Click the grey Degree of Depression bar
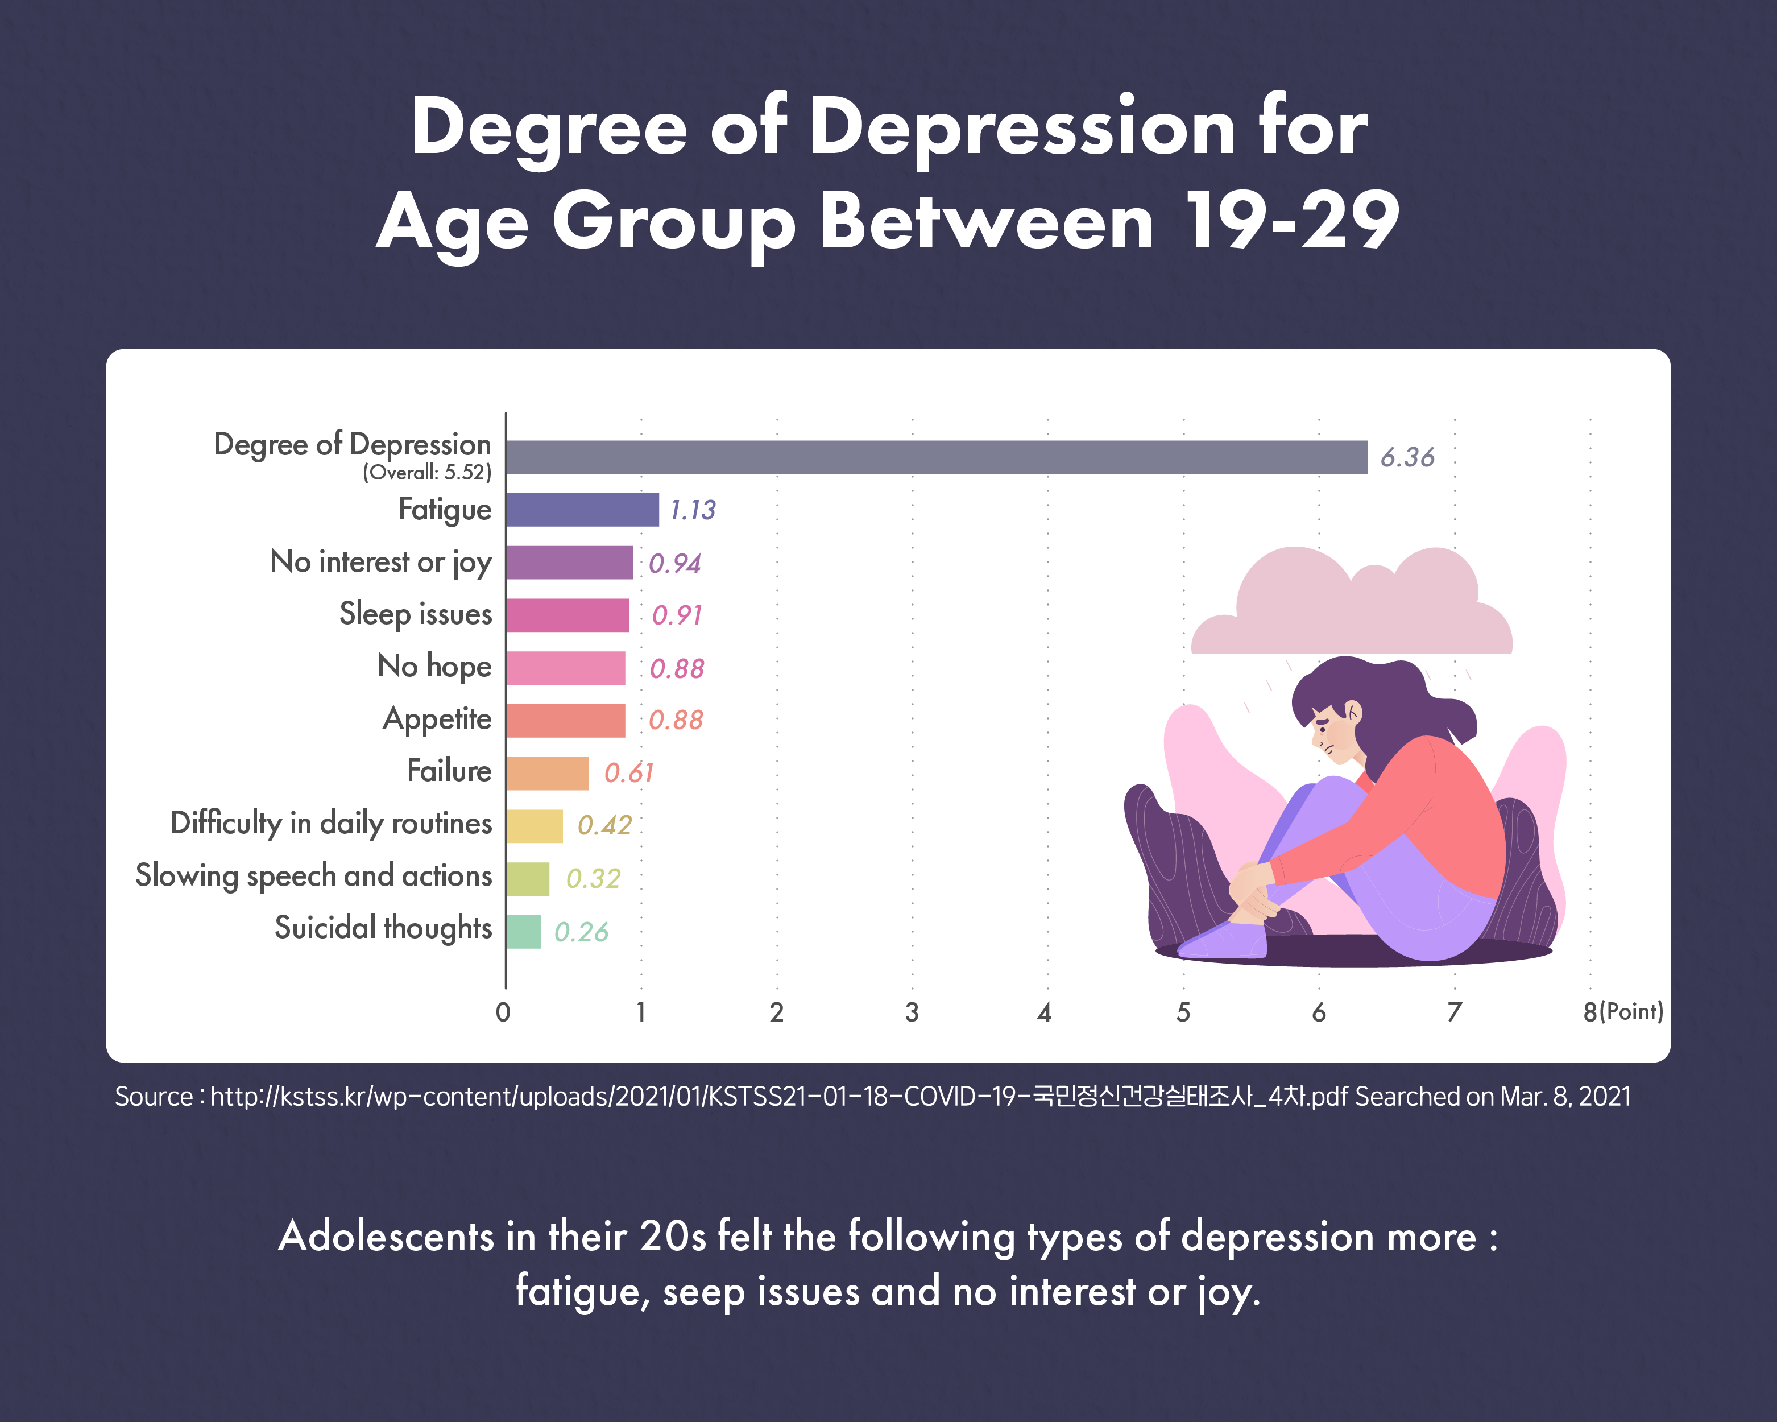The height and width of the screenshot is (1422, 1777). [937, 457]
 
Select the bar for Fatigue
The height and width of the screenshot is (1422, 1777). [582, 510]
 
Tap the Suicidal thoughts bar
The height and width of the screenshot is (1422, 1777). [523, 932]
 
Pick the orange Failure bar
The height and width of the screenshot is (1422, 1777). [547, 773]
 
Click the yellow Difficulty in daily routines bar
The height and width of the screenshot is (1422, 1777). [534, 826]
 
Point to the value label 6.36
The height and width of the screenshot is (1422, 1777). [1407, 457]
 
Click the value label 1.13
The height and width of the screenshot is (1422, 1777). [693, 510]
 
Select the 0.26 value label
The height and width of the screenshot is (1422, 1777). [581, 932]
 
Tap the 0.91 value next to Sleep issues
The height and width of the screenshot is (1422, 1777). [677, 615]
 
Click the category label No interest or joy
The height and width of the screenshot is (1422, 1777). [381, 562]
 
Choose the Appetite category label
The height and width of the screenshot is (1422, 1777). [437, 719]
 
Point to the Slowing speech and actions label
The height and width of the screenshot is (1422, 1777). [313, 875]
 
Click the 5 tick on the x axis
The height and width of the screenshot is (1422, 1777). [1183, 1012]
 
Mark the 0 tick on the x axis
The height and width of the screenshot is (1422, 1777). [503, 1012]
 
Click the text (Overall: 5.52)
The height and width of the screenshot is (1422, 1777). [427, 472]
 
